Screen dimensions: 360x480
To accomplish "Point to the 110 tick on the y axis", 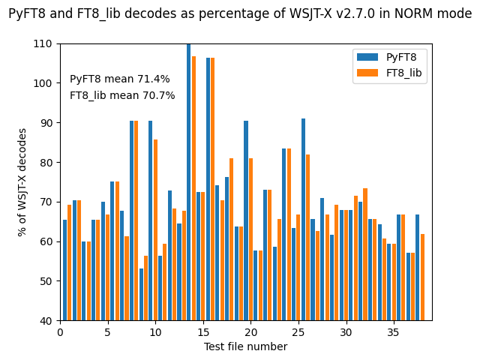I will click(43, 43).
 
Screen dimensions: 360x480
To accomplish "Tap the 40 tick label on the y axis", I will click(46, 321).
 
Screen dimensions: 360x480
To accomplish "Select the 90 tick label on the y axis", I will click(46, 123).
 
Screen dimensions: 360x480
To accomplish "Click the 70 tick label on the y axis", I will click(46, 202).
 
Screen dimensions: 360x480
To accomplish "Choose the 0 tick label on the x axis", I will click(60, 331).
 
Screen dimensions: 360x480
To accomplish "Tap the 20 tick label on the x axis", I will click(251, 331).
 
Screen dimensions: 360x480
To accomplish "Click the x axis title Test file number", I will click(245, 346).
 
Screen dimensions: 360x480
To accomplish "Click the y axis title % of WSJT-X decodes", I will click(22, 182).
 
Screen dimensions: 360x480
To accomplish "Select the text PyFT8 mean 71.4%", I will click(120, 79).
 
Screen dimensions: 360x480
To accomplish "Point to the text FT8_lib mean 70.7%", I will click(122, 96).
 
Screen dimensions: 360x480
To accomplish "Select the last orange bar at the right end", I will click(422, 277).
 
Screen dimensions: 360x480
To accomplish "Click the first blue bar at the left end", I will click(64, 270).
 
